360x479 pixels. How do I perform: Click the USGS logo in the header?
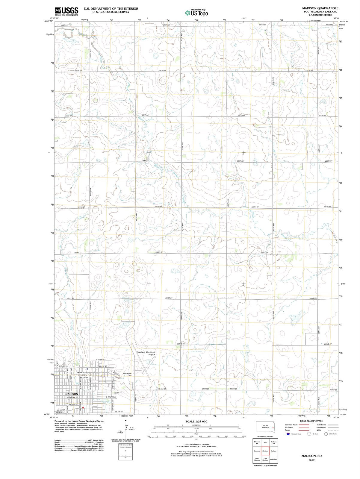[66, 11]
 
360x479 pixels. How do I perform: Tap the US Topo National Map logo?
[196, 13]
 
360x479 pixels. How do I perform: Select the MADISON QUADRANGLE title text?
[320, 8]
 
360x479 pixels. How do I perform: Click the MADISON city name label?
[72, 394]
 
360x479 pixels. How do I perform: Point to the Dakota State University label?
[81, 374]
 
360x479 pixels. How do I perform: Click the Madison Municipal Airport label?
[146, 353]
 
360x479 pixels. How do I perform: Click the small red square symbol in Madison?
[83, 407]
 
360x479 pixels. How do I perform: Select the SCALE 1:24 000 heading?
[196, 421]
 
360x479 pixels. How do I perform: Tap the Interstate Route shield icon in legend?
[288, 434]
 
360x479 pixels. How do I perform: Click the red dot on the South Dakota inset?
[273, 428]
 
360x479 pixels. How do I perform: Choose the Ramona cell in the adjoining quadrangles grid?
[257, 451]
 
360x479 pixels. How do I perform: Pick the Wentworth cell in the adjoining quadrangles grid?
[273, 459]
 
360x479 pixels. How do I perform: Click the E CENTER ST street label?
[111, 397]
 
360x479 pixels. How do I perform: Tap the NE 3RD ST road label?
[162, 389]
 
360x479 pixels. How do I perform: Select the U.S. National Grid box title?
[125, 445]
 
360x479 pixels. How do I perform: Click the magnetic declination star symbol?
[126, 421]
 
